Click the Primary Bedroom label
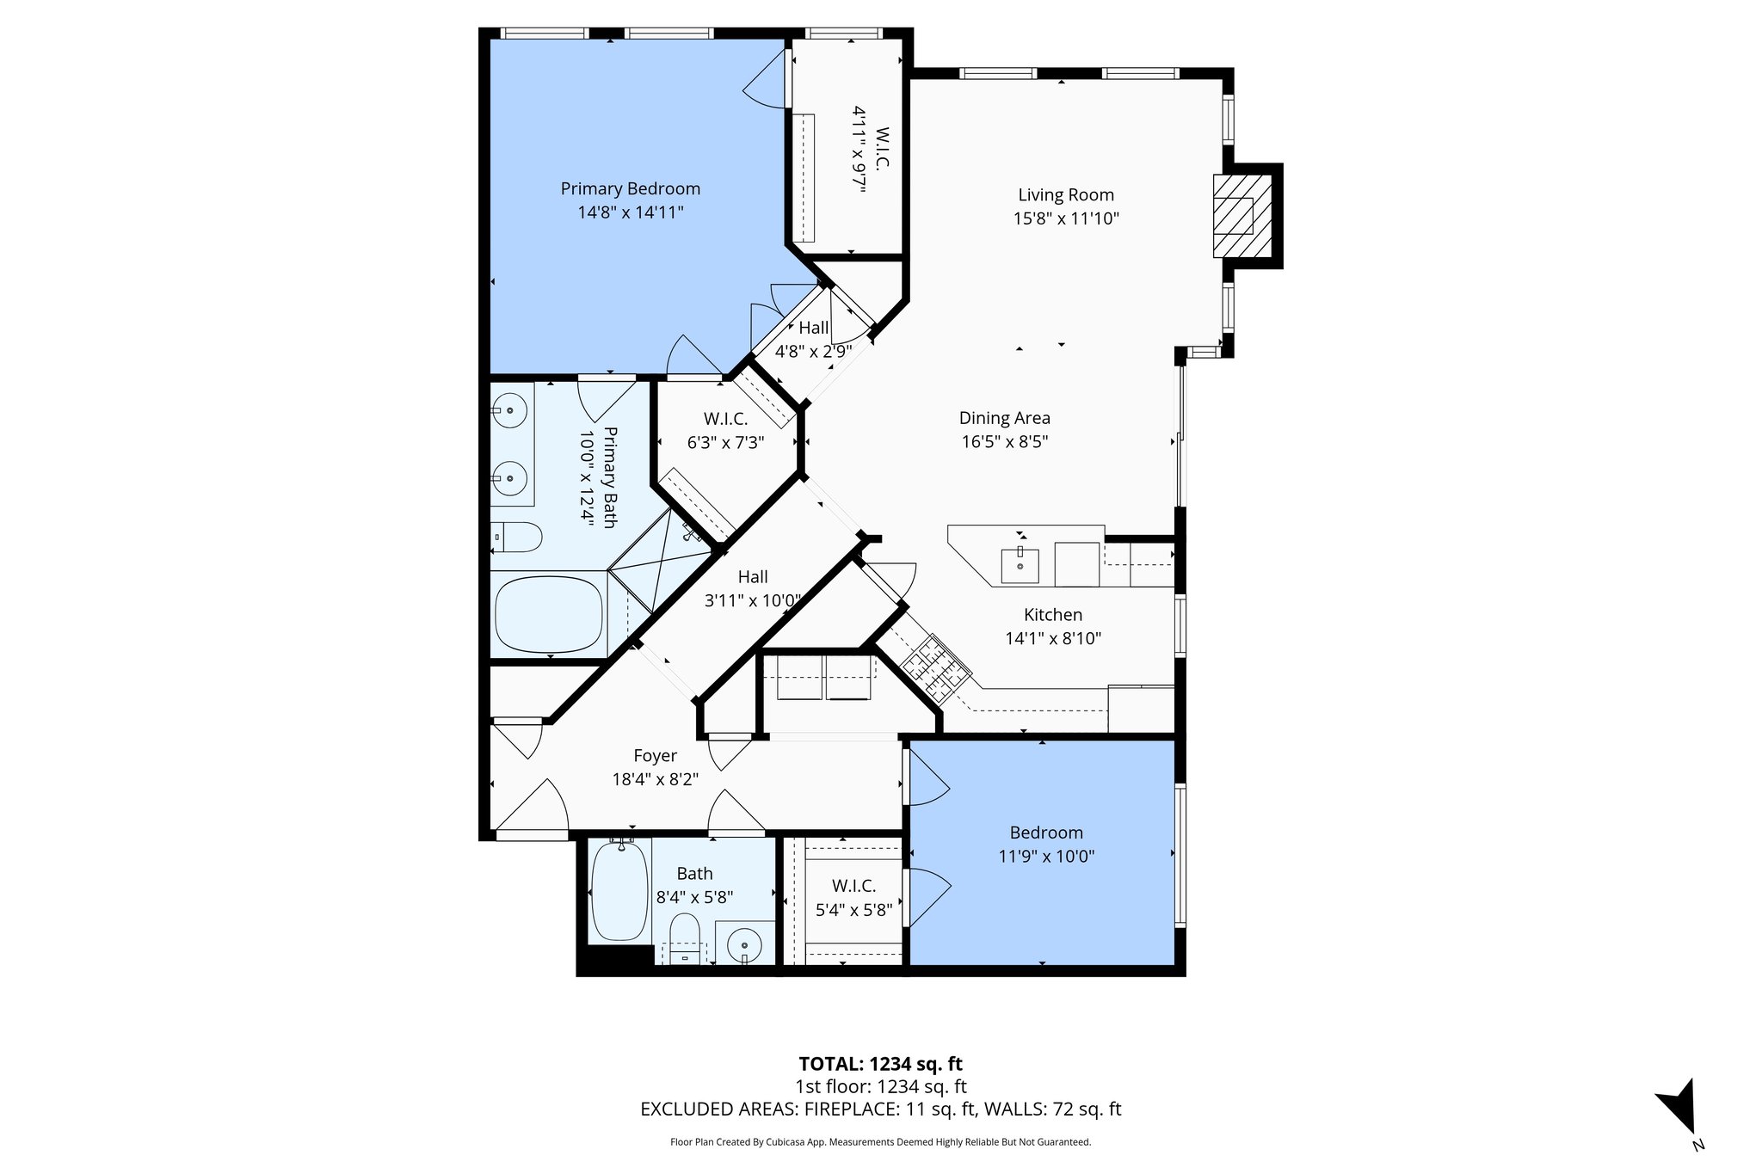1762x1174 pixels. pyautogui.click(x=630, y=188)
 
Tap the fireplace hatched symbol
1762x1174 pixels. pyautogui.click(x=1241, y=216)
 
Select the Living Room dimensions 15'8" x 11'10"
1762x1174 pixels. pyautogui.click(x=1065, y=218)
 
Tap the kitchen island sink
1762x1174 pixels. pyautogui.click(x=1020, y=565)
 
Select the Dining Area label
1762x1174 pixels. pyautogui.click(x=1004, y=418)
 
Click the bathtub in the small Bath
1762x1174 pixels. pyautogui.click(x=619, y=891)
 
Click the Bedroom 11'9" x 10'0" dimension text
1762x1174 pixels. pyautogui.click(x=1046, y=857)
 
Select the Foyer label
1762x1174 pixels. pyautogui.click(x=655, y=756)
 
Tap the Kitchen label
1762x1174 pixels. pyautogui.click(x=1052, y=615)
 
